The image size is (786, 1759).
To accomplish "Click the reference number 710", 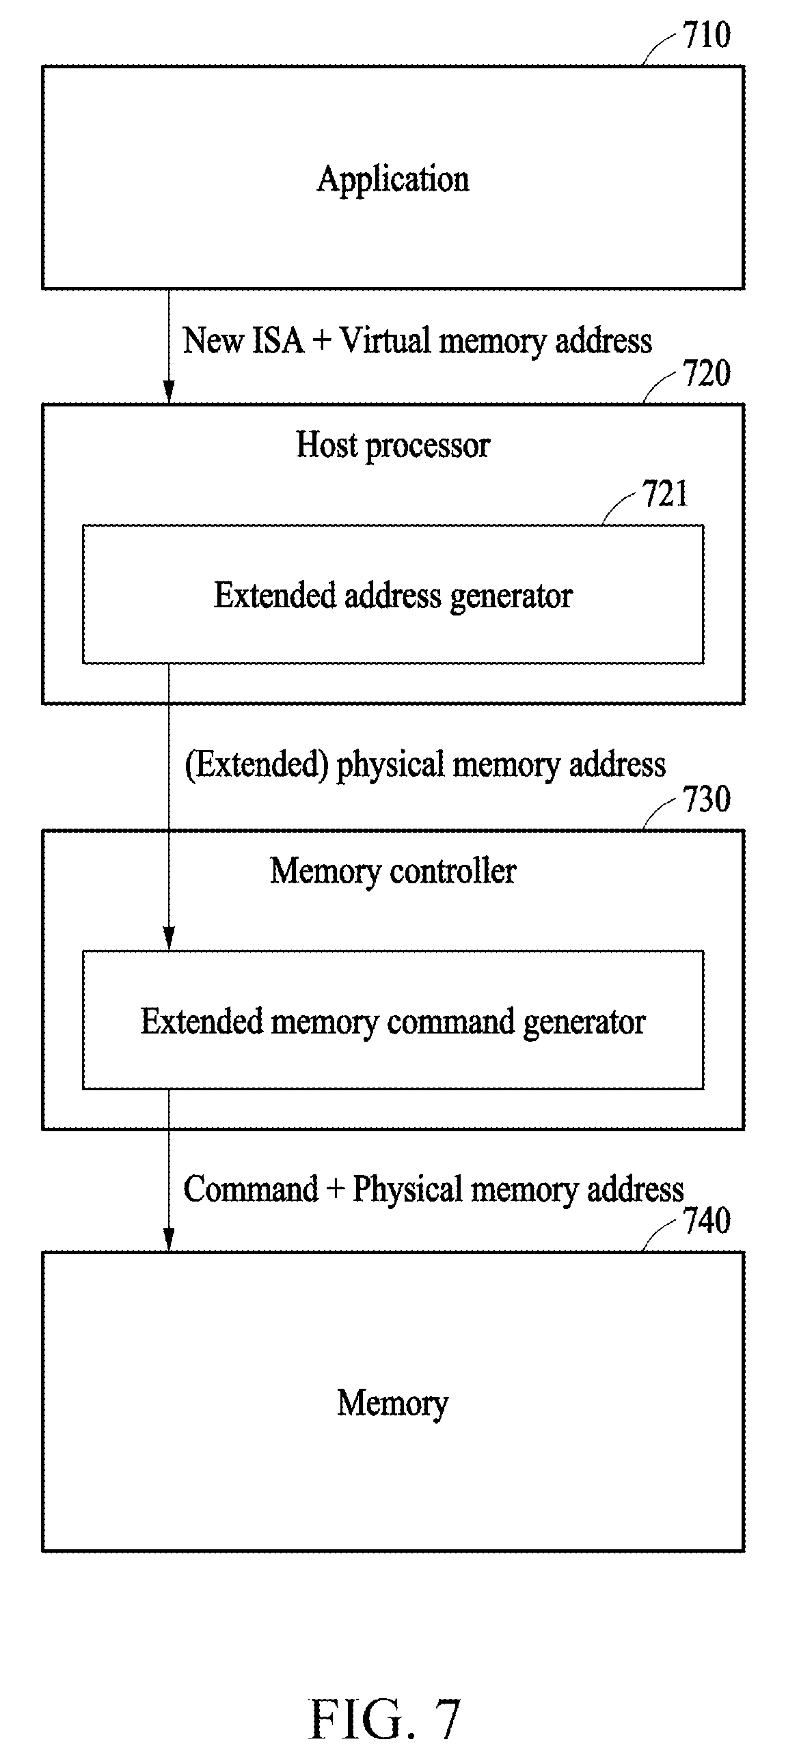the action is click(x=707, y=36).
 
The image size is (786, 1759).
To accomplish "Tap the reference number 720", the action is click(x=707, y=374).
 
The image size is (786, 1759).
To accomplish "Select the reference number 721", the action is click(x=665, y=494).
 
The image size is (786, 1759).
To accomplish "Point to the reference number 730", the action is click(x=707, y=799).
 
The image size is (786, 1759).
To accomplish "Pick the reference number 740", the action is click(x=707, y=1221).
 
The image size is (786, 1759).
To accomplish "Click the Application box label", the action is click(x=393, y=180).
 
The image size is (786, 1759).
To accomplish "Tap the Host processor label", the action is click(x=393, y=446).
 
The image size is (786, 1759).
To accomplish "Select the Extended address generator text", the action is click(x=393, y=596).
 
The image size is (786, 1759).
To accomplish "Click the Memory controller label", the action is click(x=393, y=872).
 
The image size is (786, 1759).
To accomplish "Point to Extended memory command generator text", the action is click(x=393, y=1023).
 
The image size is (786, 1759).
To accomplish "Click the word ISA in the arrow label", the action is click(x=277, y=340).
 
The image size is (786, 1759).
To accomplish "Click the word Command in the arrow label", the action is click(x=250, y=1190).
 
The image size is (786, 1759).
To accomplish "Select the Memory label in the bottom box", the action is click(x=393, y=1404).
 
